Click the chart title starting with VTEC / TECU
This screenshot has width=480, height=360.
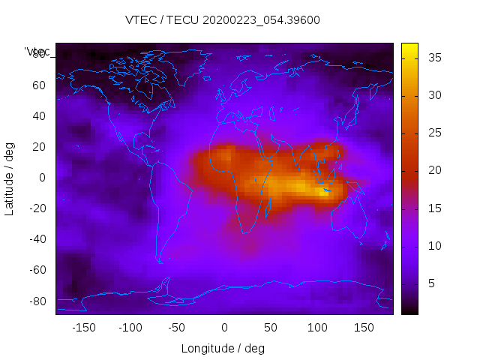point(223,20)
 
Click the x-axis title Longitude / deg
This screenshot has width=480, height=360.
point(223,349)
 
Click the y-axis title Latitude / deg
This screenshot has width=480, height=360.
point(10,178)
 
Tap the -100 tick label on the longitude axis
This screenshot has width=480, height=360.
point(130,328)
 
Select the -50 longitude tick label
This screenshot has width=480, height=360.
point(177,328)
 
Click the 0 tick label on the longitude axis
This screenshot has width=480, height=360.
point(223,328)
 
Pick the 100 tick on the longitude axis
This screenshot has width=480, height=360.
point(317,328)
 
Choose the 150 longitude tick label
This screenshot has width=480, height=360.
point(364,328)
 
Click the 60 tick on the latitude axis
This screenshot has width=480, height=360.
point(38,85)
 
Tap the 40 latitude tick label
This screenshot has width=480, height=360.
point(38,116)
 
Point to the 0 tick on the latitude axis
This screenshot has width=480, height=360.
point(42,178)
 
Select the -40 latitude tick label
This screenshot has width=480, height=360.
point(36,239)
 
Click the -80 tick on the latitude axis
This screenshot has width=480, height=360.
point(36,301)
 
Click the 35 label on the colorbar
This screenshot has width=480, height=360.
point(433,58)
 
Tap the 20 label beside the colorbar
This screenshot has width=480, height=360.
point(433,171)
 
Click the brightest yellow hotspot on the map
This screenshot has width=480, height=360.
point(324,191)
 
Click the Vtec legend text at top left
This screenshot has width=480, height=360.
point(37,51)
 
